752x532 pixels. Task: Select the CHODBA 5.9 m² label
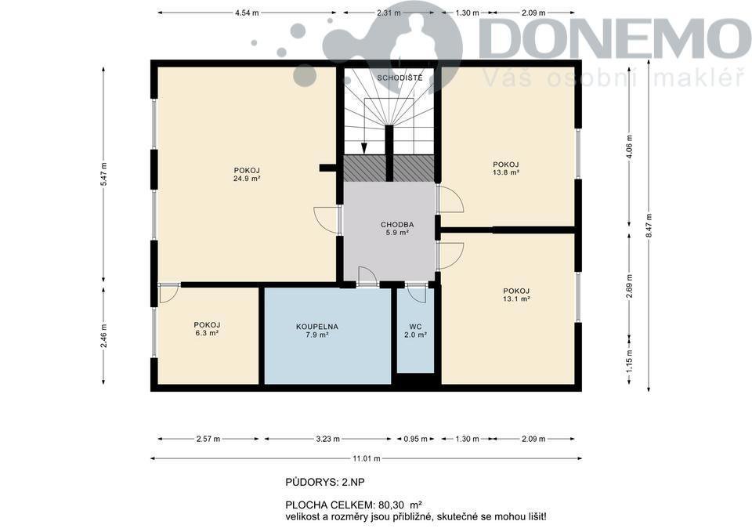pyautogui.click(x=397, y=228)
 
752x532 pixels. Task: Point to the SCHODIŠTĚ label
pyautogui.click(x=399, y=78)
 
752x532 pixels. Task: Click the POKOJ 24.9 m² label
pyautogui.click(x=247, y=174)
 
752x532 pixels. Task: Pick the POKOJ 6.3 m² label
pyautogui.click(x=207, y=328)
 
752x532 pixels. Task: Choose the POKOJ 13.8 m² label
pyautogui.click(x=506, y=168)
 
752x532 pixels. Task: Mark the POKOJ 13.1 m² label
pyautogui.click(x=516, y=295)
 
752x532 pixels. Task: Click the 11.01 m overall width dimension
pyautogui.click(x=367, y=458)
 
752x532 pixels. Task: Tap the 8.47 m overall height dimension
pyautogui.click(x=649, y=225)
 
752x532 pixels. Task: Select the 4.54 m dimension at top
pyautogui.click(x=247, y=13)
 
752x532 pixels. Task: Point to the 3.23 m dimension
pyautogui.click(x=328, y=439)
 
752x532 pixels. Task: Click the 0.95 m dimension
pyautogui.click(x=415, y=439)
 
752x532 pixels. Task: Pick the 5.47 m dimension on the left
pyautogui.click(x=104, y=175)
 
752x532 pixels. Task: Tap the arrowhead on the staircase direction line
pyautogui.click(x=364, y=149)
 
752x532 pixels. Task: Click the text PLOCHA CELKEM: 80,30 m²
pyautogui.click(x=353, y=505)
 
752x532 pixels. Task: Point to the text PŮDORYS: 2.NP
pyautogui.click(x=321, y=482)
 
